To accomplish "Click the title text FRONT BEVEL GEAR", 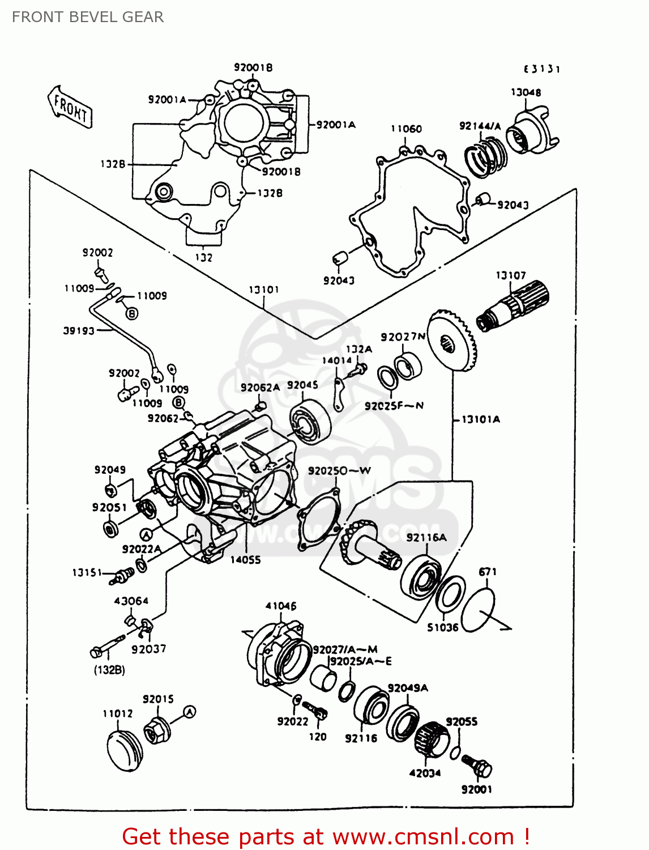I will [88, 17].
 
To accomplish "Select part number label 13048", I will [526, 92].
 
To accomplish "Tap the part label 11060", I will [406, 129].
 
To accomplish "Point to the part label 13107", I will [511, 275].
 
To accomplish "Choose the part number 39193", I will [79, 330].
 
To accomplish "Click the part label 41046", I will [281, 606].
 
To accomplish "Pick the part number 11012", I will [118, 713].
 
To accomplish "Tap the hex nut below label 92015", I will [156, 731].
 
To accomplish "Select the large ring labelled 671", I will [478, 609].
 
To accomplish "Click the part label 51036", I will [443, 627].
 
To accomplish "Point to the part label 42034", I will [425, 773].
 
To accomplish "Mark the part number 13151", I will [87, 572].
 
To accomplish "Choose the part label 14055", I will [246, 559].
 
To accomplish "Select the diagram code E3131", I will [541, 69].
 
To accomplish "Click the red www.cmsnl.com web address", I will [423, 836].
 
